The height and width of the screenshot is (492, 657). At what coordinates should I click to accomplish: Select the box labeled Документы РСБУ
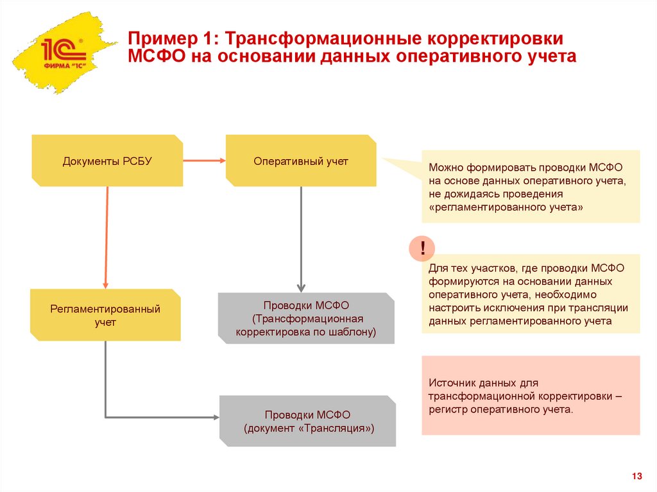107,161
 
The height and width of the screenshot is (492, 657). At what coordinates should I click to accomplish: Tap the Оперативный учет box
301,161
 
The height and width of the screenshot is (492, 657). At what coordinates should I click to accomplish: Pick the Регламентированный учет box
106,316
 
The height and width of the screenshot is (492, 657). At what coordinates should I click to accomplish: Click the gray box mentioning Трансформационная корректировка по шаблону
305,319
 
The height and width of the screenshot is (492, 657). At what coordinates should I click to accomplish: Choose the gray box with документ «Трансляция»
308,421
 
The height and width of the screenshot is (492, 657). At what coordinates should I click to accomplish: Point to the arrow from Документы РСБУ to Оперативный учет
204,160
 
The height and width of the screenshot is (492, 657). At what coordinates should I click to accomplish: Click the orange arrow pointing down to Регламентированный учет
107,237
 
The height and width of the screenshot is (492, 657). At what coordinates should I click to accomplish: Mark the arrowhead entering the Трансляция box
215,418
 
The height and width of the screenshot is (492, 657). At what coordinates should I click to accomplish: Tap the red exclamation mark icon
423,248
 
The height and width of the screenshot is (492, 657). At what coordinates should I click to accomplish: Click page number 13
636,476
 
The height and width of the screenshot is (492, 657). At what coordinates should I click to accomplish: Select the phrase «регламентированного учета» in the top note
506,207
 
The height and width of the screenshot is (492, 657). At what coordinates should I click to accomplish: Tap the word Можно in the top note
445,167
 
